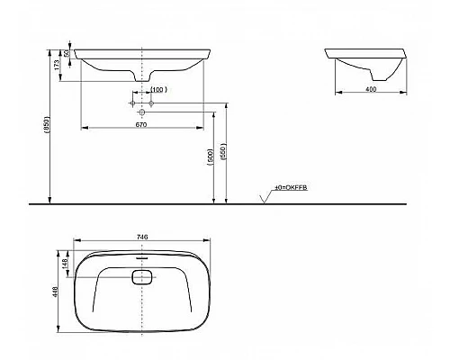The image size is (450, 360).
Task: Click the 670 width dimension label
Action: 142,123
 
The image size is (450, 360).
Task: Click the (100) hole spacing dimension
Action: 157,90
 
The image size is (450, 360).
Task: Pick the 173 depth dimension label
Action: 60,64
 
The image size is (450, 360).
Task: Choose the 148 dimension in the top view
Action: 66,263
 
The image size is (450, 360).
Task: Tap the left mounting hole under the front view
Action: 133,105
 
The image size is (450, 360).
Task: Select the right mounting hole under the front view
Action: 152,105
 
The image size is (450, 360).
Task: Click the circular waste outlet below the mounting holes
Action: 142,112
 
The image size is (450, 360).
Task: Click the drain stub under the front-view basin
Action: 142,79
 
